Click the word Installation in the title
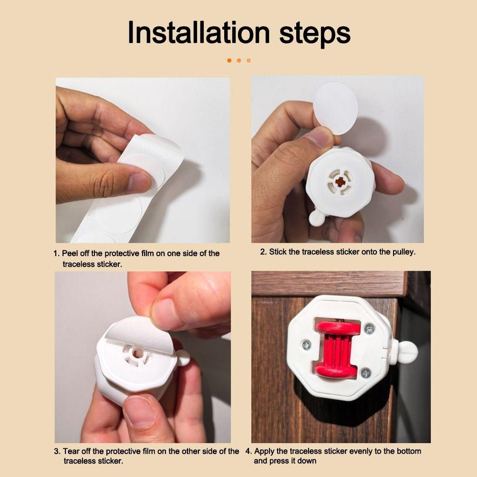tap(198, 32)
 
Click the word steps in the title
tap(315, 34)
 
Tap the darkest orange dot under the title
tap(229, 61)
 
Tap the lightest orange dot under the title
tap(249, 61)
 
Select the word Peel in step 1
tap(70, 253)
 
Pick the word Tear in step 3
tap(71, 451)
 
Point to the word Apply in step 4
tap(264, 451)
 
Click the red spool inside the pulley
tap(337, 349)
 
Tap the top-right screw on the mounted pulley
tap(370, 328)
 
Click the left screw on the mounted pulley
tap(306, 345)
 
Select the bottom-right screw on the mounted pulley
tap(366, 373)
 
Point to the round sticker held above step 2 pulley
tap(336, 108)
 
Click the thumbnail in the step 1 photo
tap(139, 183)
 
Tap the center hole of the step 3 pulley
tap(137, 353)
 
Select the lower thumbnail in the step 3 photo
tap(139, 411)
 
